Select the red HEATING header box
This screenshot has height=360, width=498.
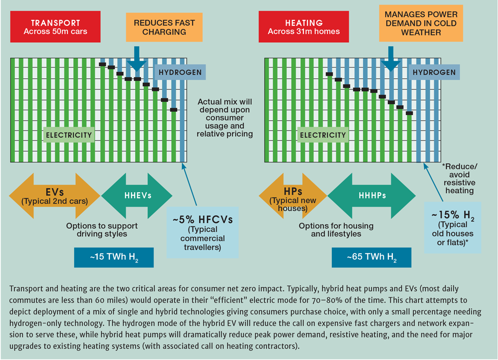(x=304, y=27)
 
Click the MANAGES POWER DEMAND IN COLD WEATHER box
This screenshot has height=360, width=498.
(x=421, y=23)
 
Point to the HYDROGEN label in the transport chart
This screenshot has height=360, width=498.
(x=180, y=72)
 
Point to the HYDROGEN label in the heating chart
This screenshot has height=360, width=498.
(x=434, y=72)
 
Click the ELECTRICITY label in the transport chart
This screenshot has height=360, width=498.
(x=69, y=135)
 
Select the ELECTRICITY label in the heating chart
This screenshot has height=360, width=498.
(x=323, y=135)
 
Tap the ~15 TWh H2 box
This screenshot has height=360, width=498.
(x=114, y=257)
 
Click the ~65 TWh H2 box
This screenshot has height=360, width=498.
(x=371, y=257)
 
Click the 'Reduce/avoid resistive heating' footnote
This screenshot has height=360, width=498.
(x=459, y=178)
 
